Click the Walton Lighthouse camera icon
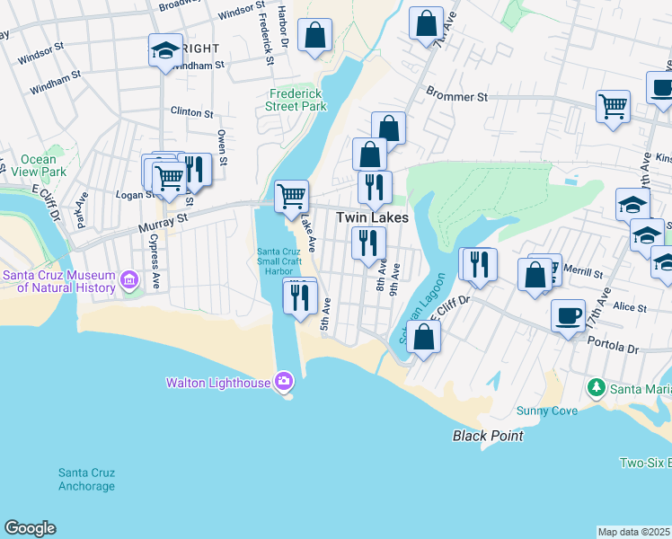point(284,382)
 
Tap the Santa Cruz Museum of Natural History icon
point(128,281)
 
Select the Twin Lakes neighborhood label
point(372,217)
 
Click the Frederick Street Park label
point(296,99)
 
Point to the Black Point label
point(487,436)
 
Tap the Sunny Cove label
point(546,411)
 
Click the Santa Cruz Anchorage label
point(86,480)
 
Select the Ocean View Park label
point(44,165)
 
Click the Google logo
point(30,528)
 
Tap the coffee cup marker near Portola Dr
point(568,316)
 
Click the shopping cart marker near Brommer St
point(613,105)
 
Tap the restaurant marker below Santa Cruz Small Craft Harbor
point(300,296)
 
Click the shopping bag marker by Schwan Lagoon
point(424,339)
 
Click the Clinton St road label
point(191,114)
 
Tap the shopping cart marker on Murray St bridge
point(291,195)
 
